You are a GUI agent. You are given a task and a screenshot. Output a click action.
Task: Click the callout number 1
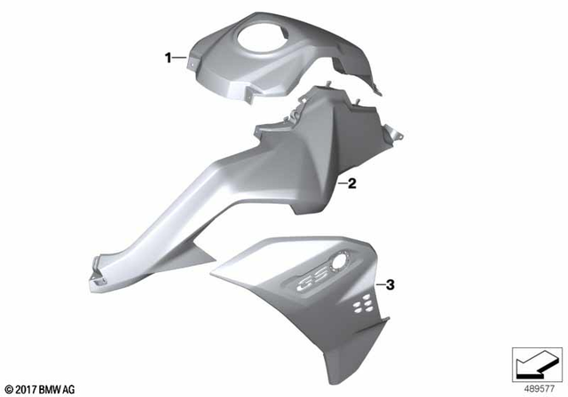coord(167,58)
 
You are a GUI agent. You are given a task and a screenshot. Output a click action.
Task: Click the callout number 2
coord(351,184)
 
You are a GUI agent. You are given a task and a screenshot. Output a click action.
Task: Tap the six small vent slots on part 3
coord(359,304)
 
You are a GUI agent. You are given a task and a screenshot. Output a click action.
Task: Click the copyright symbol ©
coord(9,388)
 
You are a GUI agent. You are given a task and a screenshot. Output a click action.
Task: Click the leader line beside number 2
coord(341,184)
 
